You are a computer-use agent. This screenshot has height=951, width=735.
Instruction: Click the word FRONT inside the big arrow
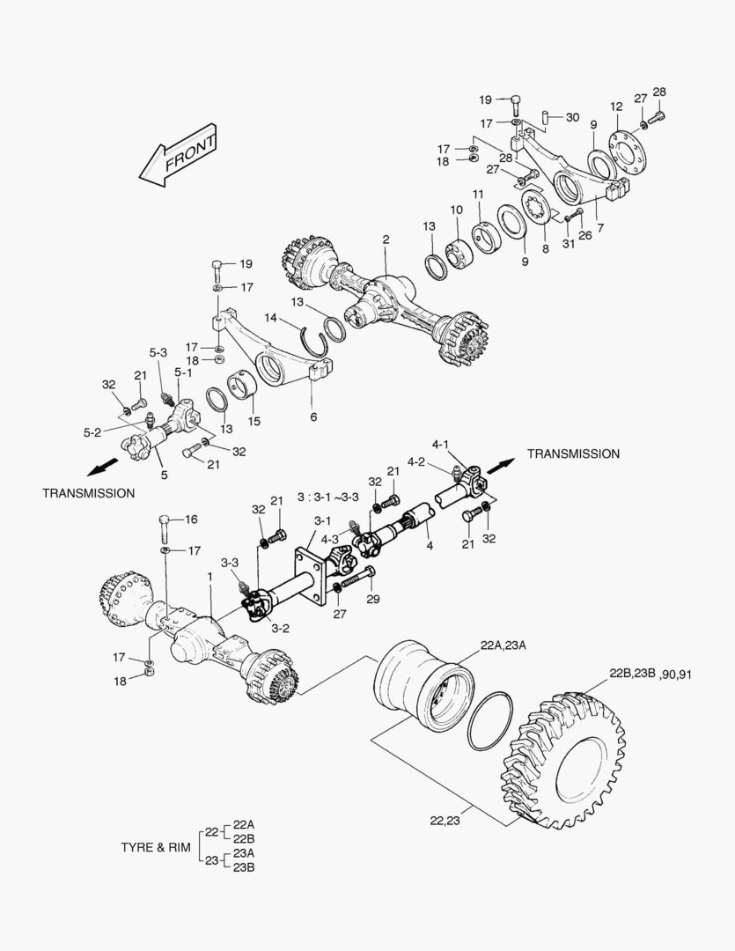point(190,153)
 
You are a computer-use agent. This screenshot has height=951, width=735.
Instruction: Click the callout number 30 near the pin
point(572,118)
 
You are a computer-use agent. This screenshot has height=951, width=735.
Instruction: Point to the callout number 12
point(616,107)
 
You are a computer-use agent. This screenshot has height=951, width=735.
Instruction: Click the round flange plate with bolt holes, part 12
point(628,153)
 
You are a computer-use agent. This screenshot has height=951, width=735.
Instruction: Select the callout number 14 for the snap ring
point(270,318)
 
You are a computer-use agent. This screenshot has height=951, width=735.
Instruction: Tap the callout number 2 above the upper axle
point(386,240)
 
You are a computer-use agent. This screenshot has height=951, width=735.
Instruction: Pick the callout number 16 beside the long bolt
point(191,520)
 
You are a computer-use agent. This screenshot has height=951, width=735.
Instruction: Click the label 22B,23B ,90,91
point(650,674)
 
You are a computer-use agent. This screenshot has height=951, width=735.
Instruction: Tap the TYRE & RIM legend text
point(156,847)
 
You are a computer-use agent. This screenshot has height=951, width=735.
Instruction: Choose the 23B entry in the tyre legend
point(244,866)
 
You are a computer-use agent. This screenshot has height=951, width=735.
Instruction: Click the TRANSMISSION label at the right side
point(573,453)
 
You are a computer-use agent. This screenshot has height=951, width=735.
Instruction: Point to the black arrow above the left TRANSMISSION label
point(102,467)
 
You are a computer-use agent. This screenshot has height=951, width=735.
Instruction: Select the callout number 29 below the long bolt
point(373,600)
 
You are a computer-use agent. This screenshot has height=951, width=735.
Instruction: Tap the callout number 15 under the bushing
point(254,421)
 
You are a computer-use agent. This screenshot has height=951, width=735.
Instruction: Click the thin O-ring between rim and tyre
point(490,720)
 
